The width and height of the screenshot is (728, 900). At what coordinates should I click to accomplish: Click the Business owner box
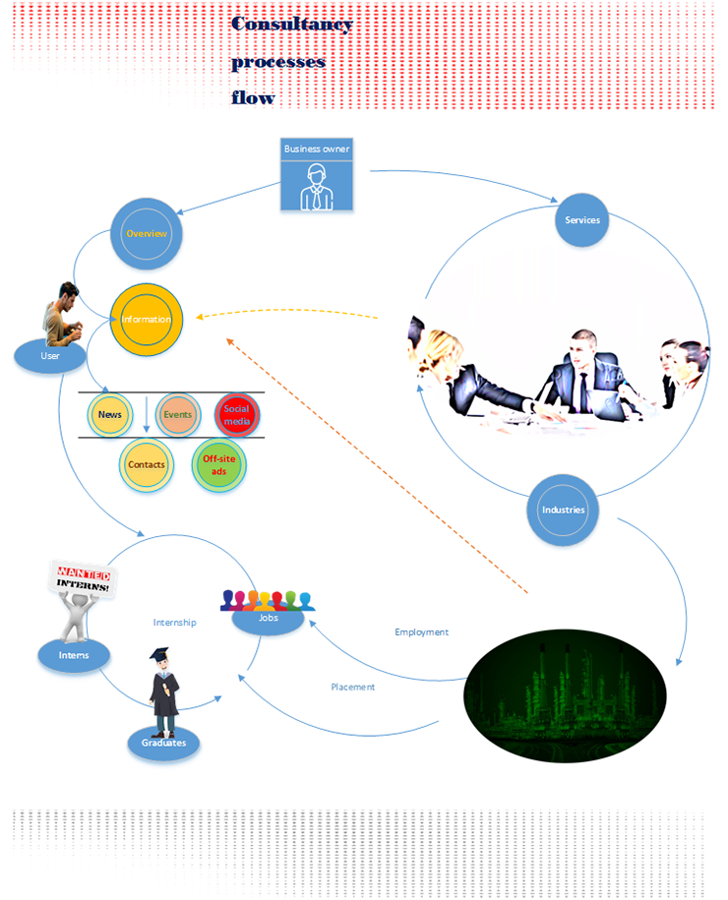[x=317, y=174]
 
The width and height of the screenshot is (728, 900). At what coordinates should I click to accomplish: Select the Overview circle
[x=147, y=234]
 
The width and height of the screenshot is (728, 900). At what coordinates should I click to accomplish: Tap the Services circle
[x=582, y=219]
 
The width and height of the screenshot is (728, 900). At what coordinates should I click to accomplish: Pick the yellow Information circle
[x=147, y=319]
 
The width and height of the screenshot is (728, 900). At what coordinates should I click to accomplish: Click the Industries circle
[x=563, y=510]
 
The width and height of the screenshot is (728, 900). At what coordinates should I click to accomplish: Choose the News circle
[x=110, y=414]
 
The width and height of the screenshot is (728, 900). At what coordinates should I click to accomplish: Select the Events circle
[x=178, y=414]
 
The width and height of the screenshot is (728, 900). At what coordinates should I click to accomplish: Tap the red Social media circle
[x=237, y=414]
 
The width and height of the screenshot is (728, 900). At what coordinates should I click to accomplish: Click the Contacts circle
[x=147, y=464]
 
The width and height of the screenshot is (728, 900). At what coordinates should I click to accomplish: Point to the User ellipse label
[x=50, y=356]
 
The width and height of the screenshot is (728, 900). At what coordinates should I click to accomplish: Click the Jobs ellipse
[x=268, y=619]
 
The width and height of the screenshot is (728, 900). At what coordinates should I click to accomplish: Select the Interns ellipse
[x=74, y=655]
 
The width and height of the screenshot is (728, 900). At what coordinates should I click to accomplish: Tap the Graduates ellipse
[x=163, y=743]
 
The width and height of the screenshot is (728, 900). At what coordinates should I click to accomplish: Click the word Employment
[x=421, y=631]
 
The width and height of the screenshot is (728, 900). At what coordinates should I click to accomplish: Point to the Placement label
[x=352, y=687]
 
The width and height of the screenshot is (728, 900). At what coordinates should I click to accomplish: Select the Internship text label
[x=174, y=622]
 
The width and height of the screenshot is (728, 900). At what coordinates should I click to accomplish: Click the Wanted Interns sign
[x=84, y=578]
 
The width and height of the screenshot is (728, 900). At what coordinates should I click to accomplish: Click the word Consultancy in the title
[x=291, y=25]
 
